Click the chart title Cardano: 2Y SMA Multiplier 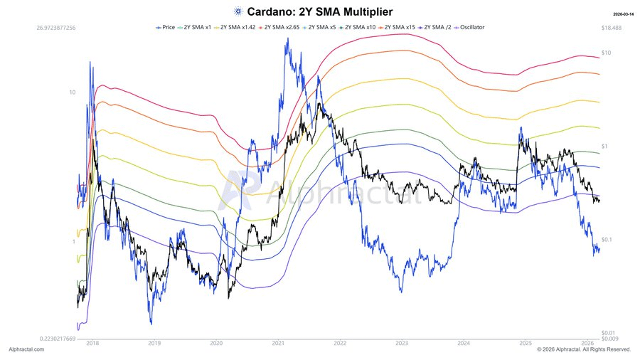click(x=319, y=11)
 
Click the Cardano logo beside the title click(x=238, y=11)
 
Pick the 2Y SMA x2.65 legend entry click(x=279, y=27)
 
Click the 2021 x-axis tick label click(x=279, y=342)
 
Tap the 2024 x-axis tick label click(x=464, y=342)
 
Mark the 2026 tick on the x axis click(x=587, y=342)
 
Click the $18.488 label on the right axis click(x=612, y=27)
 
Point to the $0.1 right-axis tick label click(x=607, y=240)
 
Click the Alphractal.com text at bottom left click(x=26, y=349)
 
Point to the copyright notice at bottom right click(x=584, y=349)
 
